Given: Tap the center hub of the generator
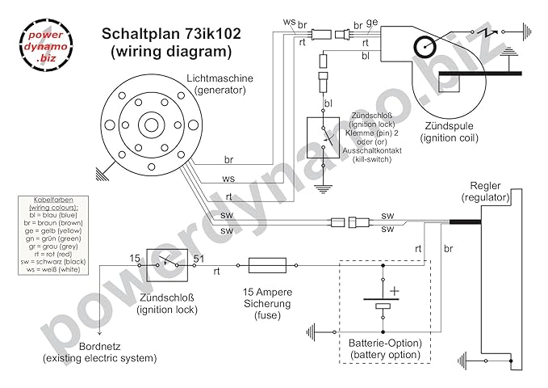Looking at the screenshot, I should click(152, 125).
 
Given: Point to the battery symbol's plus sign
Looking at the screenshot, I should click(395, 289).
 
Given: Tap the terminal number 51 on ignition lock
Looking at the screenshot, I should click(199, 258).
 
